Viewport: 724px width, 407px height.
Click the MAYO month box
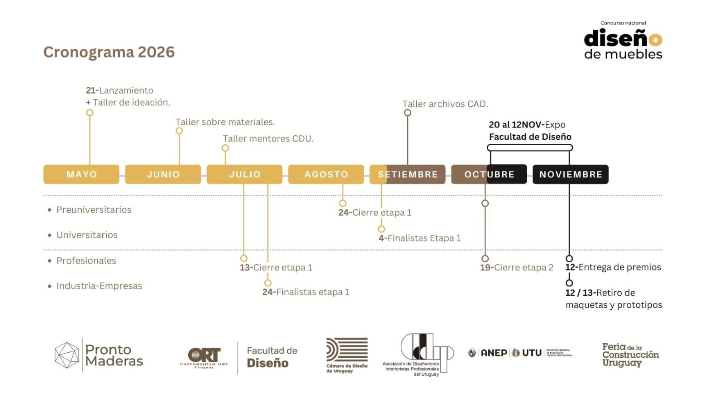(81, 175)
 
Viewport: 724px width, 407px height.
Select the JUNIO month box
(163, 175)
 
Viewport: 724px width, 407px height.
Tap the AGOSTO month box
(326, 175)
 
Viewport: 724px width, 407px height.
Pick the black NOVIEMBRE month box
(571, 175)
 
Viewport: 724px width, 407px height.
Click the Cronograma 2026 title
(109, 52)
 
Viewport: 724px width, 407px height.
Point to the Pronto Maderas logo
(99, 355)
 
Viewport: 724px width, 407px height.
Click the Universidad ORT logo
(205, 357)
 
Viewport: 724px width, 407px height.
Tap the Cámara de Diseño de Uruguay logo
(347, 355)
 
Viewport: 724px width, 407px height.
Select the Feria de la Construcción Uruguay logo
(630, 355)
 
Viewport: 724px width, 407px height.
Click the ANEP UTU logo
(520, 353)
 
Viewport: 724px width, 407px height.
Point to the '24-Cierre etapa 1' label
(375, 213)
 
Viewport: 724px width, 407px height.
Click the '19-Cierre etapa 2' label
(516, 268)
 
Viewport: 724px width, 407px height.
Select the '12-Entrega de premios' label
(613, 267)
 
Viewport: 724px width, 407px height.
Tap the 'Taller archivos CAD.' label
(445, 104)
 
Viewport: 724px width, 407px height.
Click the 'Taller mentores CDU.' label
(268, 139)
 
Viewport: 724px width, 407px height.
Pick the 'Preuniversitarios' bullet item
(94, 210)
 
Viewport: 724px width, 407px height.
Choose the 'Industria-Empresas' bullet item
(99, 286)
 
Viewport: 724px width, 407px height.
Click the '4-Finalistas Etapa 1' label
(419, 238)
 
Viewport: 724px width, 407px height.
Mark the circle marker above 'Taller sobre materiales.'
(179, 131)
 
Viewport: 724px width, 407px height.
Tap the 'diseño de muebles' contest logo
(623, 42)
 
